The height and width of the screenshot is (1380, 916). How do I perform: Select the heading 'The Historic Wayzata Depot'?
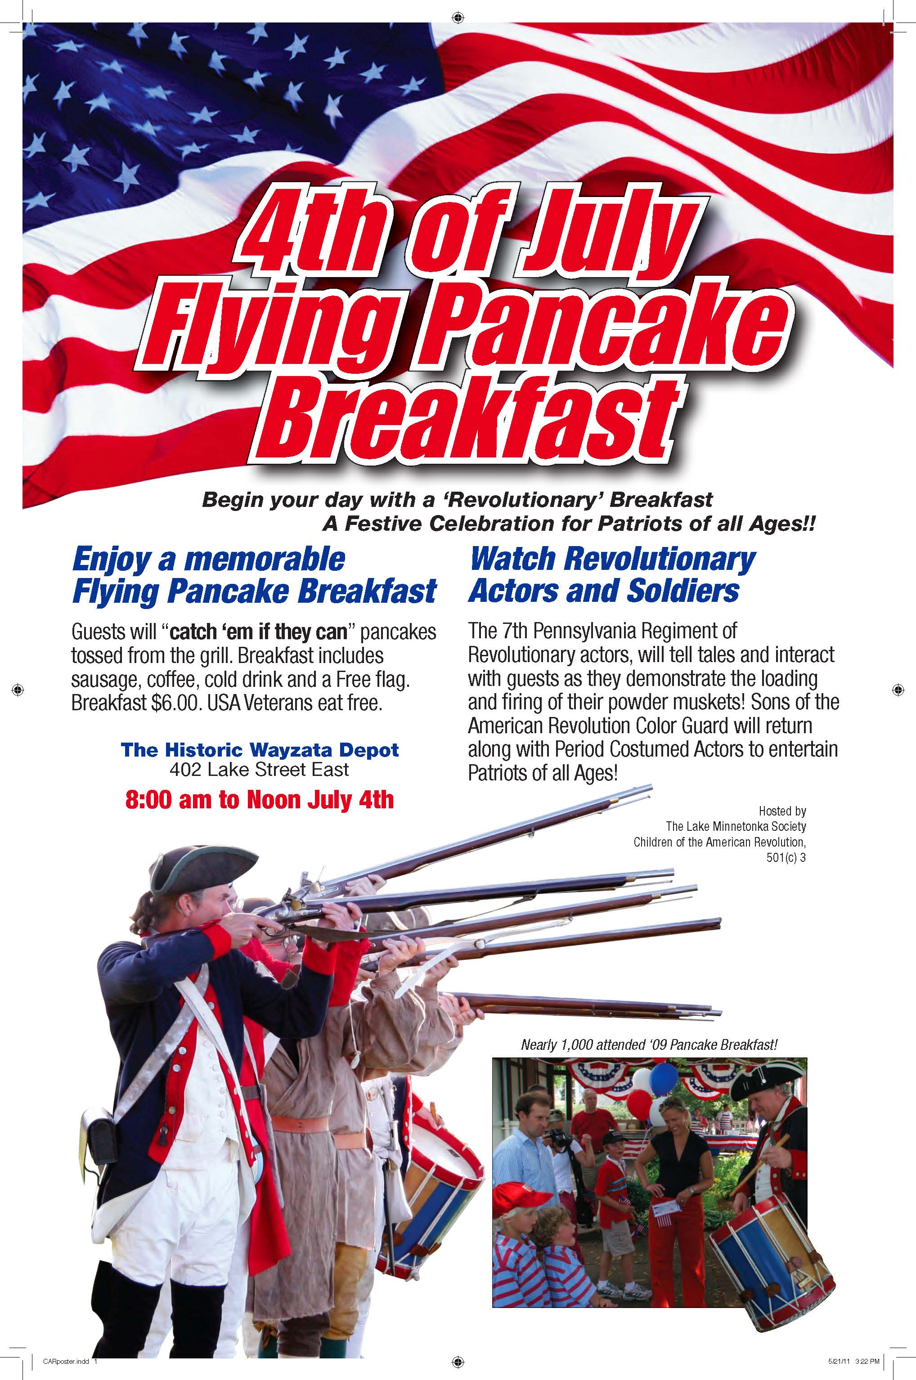pos(260,750)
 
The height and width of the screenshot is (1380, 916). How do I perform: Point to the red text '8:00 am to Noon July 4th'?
pos(260,799)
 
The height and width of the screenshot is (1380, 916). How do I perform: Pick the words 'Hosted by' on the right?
pos(782,811)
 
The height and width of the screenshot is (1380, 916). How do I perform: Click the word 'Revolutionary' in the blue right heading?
pos(660,559)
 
